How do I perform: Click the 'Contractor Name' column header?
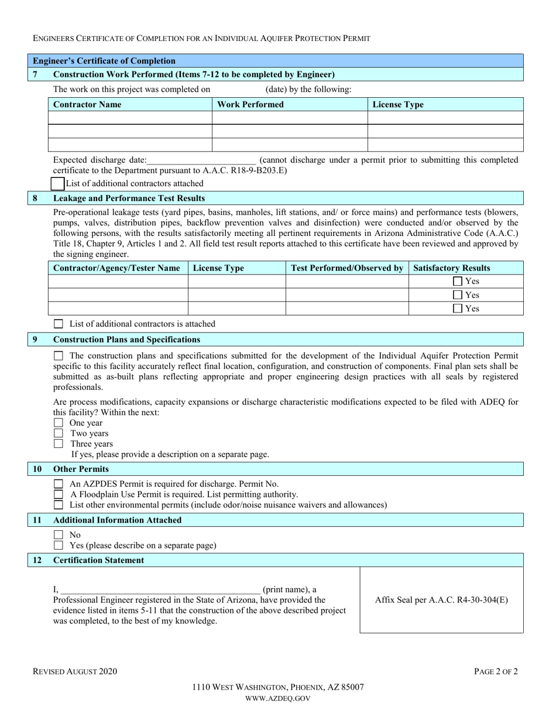(88, 105)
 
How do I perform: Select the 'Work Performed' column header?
(250, 105)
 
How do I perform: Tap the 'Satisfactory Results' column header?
(452, 268)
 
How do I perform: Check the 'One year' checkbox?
(58, 423)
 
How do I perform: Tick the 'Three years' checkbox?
(58, 444)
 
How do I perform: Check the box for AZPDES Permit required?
(58, 484)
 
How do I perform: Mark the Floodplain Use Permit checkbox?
(58, 495)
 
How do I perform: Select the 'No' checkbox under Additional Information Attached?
(58, 535)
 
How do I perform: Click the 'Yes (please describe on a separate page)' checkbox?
(58, 546)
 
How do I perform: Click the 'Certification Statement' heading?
(98, 560)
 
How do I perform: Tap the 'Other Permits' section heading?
(81, 469)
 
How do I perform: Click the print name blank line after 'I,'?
(160, 589)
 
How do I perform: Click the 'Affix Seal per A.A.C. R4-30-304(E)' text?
(441, 600)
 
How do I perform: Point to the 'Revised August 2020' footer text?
(74, 672)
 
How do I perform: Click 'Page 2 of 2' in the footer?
(496, 672)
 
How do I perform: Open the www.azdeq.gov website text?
(278, 698)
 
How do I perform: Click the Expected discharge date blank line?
(202, 160)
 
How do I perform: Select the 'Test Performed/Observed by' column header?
(346, 268)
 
